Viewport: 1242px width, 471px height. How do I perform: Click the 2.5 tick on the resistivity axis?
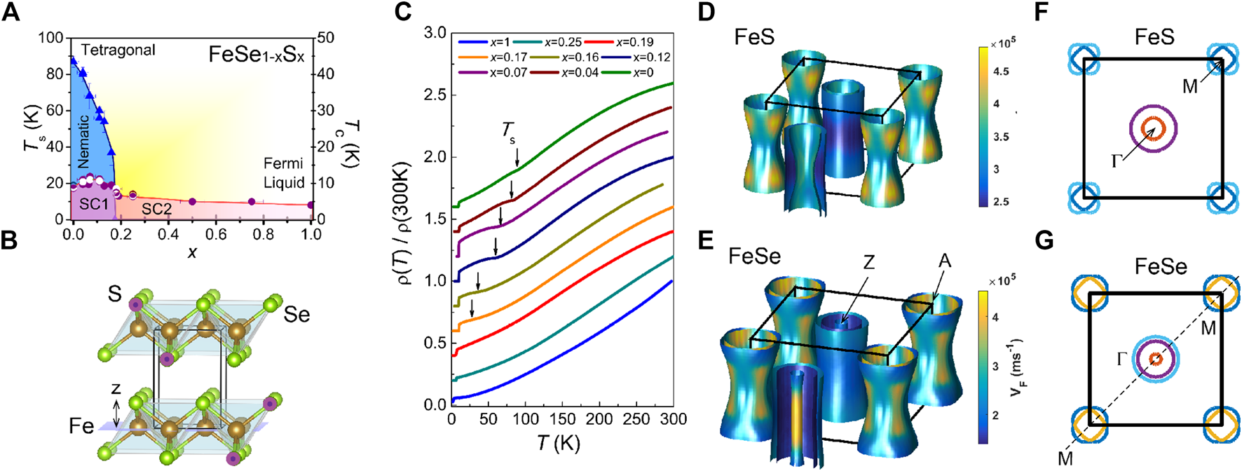(x=435, y=95)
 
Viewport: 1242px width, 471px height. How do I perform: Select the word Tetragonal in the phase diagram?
(x=118, y=50)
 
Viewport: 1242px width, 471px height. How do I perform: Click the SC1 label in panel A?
(x=94, y=204)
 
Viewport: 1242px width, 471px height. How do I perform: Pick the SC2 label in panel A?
(x=157, y=209)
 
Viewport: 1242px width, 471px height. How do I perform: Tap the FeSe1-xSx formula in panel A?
(x=257, y=55)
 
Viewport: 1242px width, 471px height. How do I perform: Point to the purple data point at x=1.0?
(x=310, y=205)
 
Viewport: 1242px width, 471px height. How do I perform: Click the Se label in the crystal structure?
(x=296, y=315)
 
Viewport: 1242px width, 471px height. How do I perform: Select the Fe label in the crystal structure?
(x=81, y=426)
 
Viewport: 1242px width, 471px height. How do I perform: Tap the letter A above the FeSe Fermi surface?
(x=945, y=261)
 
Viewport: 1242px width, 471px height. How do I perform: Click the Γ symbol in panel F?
(x=1119, y=162)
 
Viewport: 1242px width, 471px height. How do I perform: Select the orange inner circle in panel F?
(x=1153, y=128)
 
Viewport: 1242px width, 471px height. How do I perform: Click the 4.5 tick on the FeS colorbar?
(x=1001, y=71)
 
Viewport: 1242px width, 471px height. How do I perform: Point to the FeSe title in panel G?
(x=1161, y=267)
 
